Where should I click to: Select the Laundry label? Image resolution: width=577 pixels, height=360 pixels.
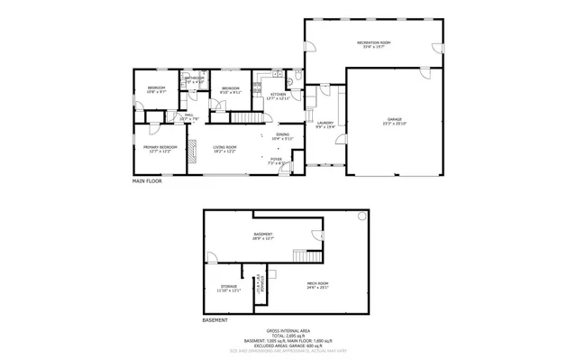click(x=325, y=125)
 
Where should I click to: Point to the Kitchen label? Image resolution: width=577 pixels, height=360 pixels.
click(x=279, y=96)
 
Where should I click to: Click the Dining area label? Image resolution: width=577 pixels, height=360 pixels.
click(x=283, y=136)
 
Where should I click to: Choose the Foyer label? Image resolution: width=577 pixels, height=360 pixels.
click(x=275, y=161)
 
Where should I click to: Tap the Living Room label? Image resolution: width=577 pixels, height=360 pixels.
click(x=224, y=148)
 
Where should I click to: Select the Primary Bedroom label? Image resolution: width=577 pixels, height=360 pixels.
click(x=158, y=148)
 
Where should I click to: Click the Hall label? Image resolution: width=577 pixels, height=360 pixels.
click(x=189, y=116)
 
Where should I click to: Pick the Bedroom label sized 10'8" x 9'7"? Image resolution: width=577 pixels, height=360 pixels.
click(x=155, y=88)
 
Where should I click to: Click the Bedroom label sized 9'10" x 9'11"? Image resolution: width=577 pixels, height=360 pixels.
click(x=231, y=89)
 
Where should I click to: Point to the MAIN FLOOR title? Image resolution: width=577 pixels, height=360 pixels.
click(x=151, y=181)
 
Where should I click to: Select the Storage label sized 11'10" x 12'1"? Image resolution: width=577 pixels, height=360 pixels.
click(x=227, y=289)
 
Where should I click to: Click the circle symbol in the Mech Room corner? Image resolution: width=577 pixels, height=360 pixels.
click(x=362, y=217)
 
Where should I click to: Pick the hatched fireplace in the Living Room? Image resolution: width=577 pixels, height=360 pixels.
click(x=191, y=154)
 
